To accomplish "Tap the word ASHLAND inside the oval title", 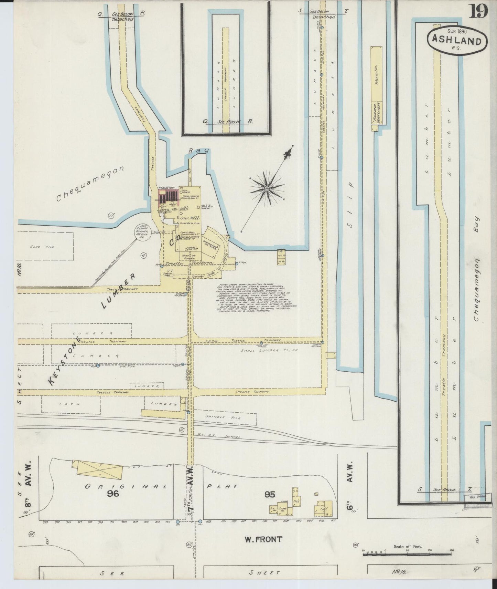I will [456, 41].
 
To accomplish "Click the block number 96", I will [112, 494].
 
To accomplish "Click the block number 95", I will [270, 494].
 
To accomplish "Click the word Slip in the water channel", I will [350, 220].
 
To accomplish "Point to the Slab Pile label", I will [47, 247].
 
